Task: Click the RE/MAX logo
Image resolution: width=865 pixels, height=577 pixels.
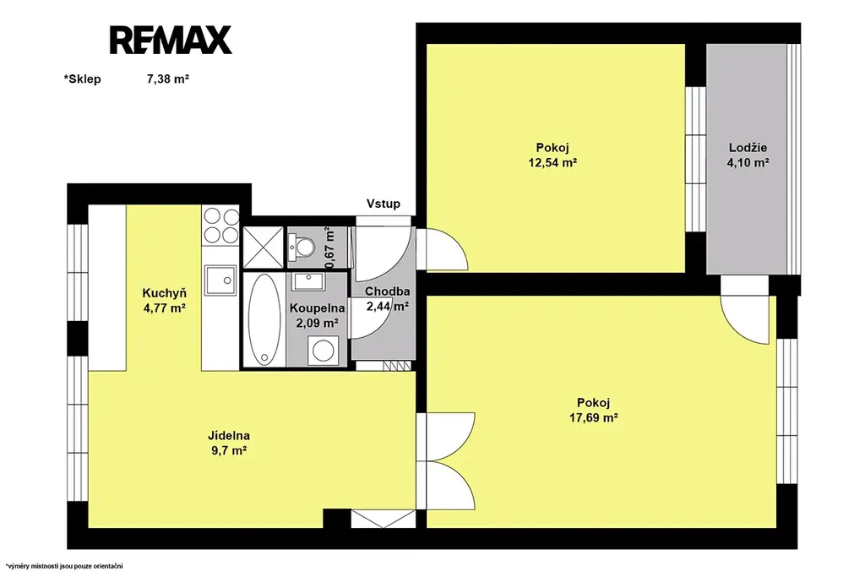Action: (x=171, y=40)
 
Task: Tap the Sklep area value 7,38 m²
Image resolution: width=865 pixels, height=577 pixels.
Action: (x=168, y=79)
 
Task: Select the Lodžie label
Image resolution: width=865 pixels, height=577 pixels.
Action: (x=748, y=148)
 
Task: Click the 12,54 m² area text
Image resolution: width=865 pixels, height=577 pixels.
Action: (x=552, y=163)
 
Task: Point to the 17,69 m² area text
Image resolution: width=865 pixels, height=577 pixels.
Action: (x=594, y=417)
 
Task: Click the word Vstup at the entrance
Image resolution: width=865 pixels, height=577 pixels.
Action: (x=384, y=204)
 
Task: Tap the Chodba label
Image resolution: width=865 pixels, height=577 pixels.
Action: (x=387, y=291)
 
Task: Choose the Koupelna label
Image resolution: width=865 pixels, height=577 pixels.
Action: (x=318, y=309)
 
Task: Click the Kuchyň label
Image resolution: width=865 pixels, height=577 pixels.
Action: (x=165, y=293)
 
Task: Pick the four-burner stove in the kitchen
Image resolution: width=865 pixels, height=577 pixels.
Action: (x=220, y=226)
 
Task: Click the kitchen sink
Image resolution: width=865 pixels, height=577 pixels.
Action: (x=220, y=280)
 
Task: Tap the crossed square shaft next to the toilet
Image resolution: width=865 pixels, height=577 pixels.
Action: (x=264, y=248)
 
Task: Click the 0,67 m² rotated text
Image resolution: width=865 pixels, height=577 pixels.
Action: (x=330, y=248)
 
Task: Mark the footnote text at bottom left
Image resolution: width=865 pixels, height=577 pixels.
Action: (x=64, y=566)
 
